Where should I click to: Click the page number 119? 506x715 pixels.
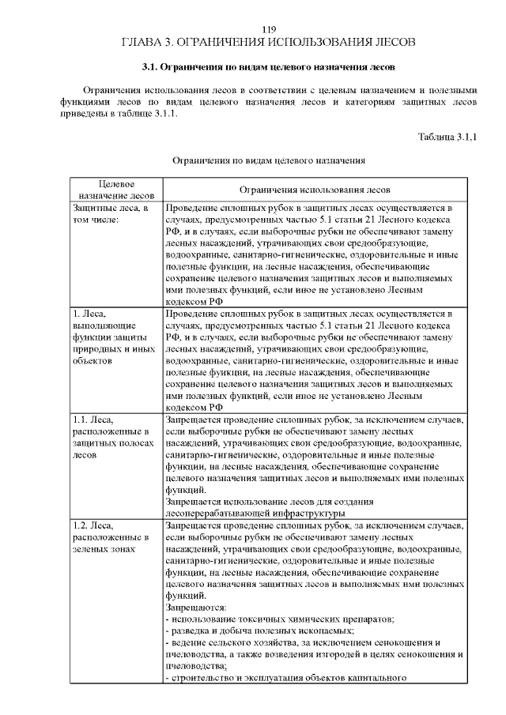click(268, 29)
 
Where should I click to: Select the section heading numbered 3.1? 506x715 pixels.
click(268, 67)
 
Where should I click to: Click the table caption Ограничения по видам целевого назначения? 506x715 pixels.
click(268, 160)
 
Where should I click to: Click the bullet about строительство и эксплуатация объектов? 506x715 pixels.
click(285, 678)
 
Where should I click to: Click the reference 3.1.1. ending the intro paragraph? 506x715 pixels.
click(161, 113)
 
